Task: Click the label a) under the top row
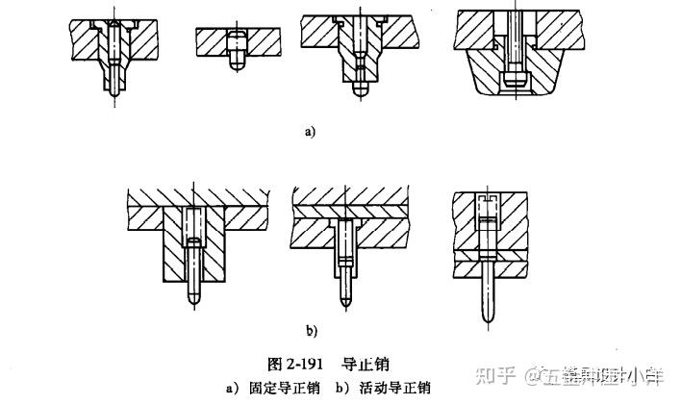tap(309, 132)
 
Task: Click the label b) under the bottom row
tap(311, 331)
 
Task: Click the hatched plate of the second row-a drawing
tap(212, 40)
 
